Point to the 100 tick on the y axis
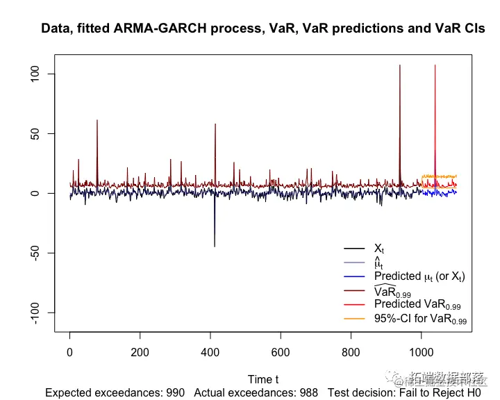click(x=43, y=74)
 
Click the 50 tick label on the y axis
click(x=43, y=133)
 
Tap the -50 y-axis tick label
click(x=43, y=253)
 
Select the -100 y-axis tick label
click(x=43, y=312)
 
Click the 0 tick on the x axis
click(x=69, y=353)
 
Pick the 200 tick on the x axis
click(x=140, y=353)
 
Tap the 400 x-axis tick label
click(x=210, y=353)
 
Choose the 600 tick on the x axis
click(x=281, y=353)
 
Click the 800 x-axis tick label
click(x=351, y=353)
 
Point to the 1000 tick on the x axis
click(x=421, y=353)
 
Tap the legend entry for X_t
click(x=379, y=249)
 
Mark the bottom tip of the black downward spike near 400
click(x=215, y=247)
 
